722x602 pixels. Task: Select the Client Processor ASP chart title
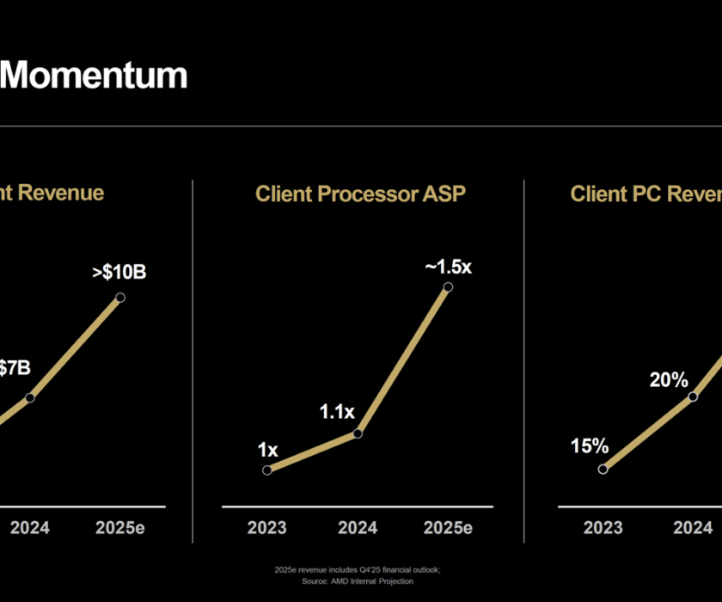coord(360,193)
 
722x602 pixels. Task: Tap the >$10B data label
coord(119,273)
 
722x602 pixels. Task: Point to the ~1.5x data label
coord(448,267)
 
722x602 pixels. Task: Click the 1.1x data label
coord(336,412)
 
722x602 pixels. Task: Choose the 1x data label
coord(267,449)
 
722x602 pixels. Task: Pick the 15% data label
coord(590,446)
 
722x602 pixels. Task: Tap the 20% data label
coord(669,379)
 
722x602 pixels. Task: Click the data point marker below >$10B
coord(120,298)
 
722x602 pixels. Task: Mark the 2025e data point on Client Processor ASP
coord(448,286)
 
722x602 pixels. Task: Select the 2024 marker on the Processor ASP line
coord(358,433)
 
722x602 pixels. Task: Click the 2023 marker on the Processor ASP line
coord(267,470)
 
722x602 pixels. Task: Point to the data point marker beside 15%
coord(603,469)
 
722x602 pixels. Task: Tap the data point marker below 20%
coord(693,396)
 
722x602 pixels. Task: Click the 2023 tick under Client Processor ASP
coord(267,528)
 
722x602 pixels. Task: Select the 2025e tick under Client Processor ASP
coord(448,528)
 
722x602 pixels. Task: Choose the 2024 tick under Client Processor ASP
coord(358,528)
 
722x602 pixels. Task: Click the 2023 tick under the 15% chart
coord(603,528)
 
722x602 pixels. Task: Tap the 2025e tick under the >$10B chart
coord(120,528)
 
